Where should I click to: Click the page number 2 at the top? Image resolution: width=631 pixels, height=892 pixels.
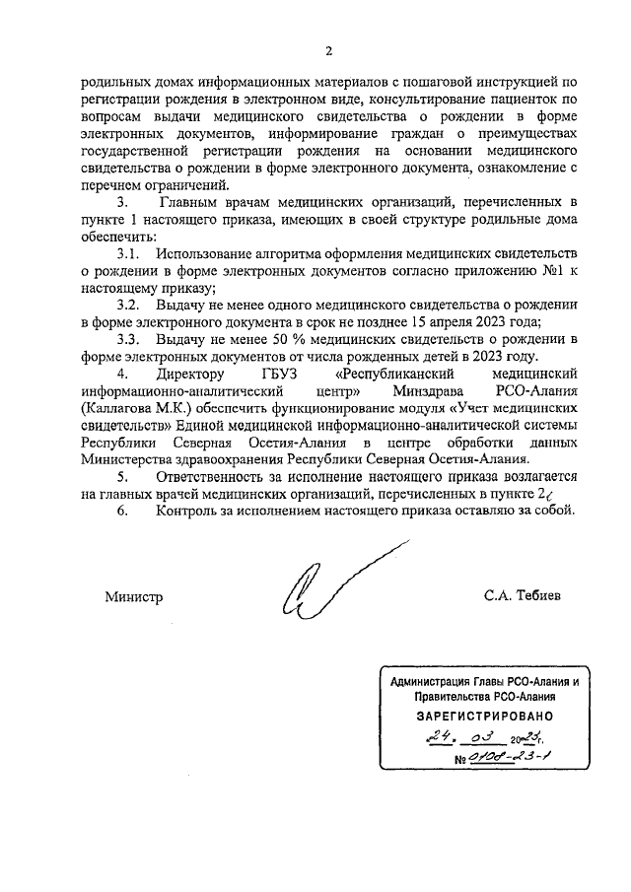pos(330,50)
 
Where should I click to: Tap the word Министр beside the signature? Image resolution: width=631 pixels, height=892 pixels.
pos(133,597)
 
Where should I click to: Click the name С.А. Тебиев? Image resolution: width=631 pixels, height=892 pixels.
pos(522,597)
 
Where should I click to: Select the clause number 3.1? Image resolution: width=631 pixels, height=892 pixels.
pos(130,256)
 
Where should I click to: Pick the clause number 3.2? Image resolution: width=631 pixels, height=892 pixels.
pos(130,305)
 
